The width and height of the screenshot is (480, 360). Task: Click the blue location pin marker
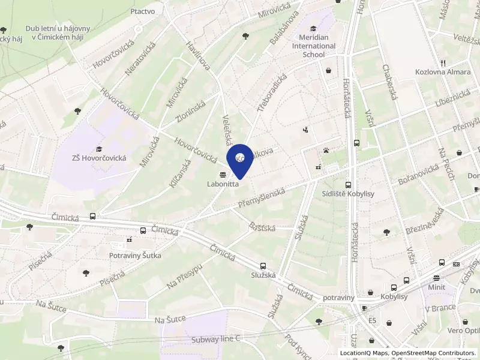point(239,160)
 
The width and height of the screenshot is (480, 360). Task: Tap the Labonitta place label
point(223,184)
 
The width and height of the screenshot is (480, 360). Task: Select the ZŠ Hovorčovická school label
point(99,158)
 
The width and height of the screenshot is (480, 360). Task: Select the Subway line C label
point(216,338)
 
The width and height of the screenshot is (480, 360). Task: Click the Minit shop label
point(436,287)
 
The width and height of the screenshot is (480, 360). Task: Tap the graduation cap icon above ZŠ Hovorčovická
point(99,149)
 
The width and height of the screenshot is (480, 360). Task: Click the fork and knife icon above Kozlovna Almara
point(442,62)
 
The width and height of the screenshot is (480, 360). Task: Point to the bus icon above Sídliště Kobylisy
point(349,185)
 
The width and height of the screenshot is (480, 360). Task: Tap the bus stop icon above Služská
point(263,265)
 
